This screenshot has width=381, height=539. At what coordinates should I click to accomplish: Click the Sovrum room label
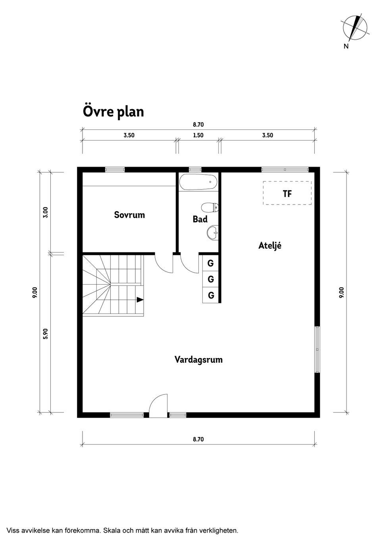point(129,215)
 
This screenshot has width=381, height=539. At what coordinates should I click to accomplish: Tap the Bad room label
point(200,219)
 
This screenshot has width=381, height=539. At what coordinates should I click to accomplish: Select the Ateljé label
point(270,245)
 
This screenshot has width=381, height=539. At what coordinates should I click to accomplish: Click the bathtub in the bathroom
point(198,182)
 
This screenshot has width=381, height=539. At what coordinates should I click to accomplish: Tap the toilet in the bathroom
point(210,208)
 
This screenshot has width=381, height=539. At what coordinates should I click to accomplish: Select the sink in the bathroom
point(212,233)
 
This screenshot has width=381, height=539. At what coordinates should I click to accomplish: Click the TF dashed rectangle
point(287,193)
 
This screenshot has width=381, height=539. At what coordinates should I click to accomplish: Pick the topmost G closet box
point(210,263)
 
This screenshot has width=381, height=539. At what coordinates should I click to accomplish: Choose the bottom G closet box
point(210,295)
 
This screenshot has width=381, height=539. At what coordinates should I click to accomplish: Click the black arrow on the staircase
point(140,300)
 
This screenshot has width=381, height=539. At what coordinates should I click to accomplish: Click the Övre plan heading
point(113,112)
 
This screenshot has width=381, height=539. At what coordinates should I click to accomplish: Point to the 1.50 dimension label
point(198,135)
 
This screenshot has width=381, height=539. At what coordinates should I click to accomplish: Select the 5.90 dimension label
point(46,334)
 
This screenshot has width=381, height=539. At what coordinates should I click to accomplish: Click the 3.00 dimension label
point(46,212)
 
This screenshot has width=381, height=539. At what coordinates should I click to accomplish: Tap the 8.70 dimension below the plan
point(198,439)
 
